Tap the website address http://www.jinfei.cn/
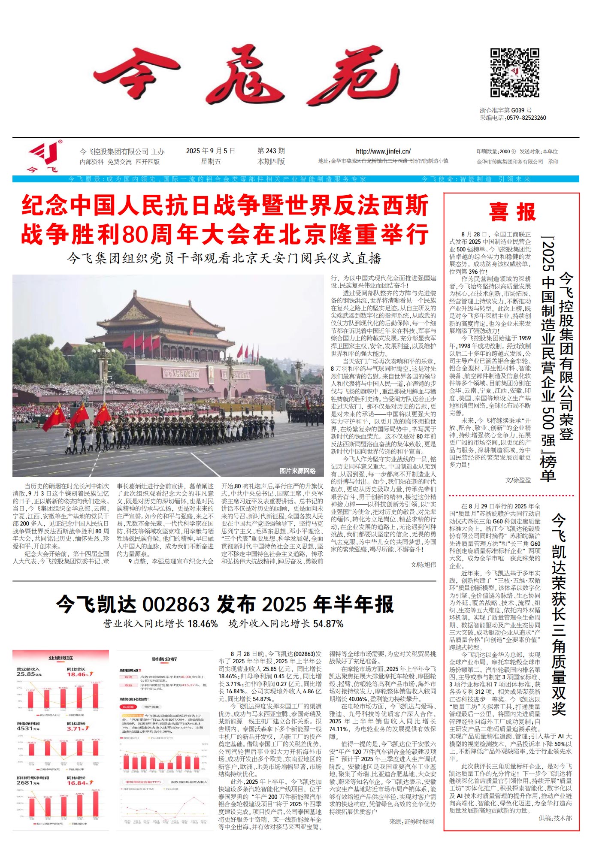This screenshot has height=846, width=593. (x=383, y=151)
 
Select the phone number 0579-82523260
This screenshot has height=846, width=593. (x=526, y=118)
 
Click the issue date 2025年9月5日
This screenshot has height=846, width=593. (x=210, y=151)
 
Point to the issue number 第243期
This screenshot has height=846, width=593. (x=271, y=151)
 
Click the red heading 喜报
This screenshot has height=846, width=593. (x=512, y=212)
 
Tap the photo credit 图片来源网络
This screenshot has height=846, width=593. (x=297, y=471)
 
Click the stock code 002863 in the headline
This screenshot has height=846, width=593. (x=175, y=604)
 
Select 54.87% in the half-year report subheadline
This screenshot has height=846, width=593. (x=328, y=624)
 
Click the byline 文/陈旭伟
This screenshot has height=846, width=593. (x=423, y=565)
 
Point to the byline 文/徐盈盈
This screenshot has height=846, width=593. (x=518, y=480)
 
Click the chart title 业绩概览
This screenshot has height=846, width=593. (x=61, y=658)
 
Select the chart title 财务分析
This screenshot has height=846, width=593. (x=164, y=659)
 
